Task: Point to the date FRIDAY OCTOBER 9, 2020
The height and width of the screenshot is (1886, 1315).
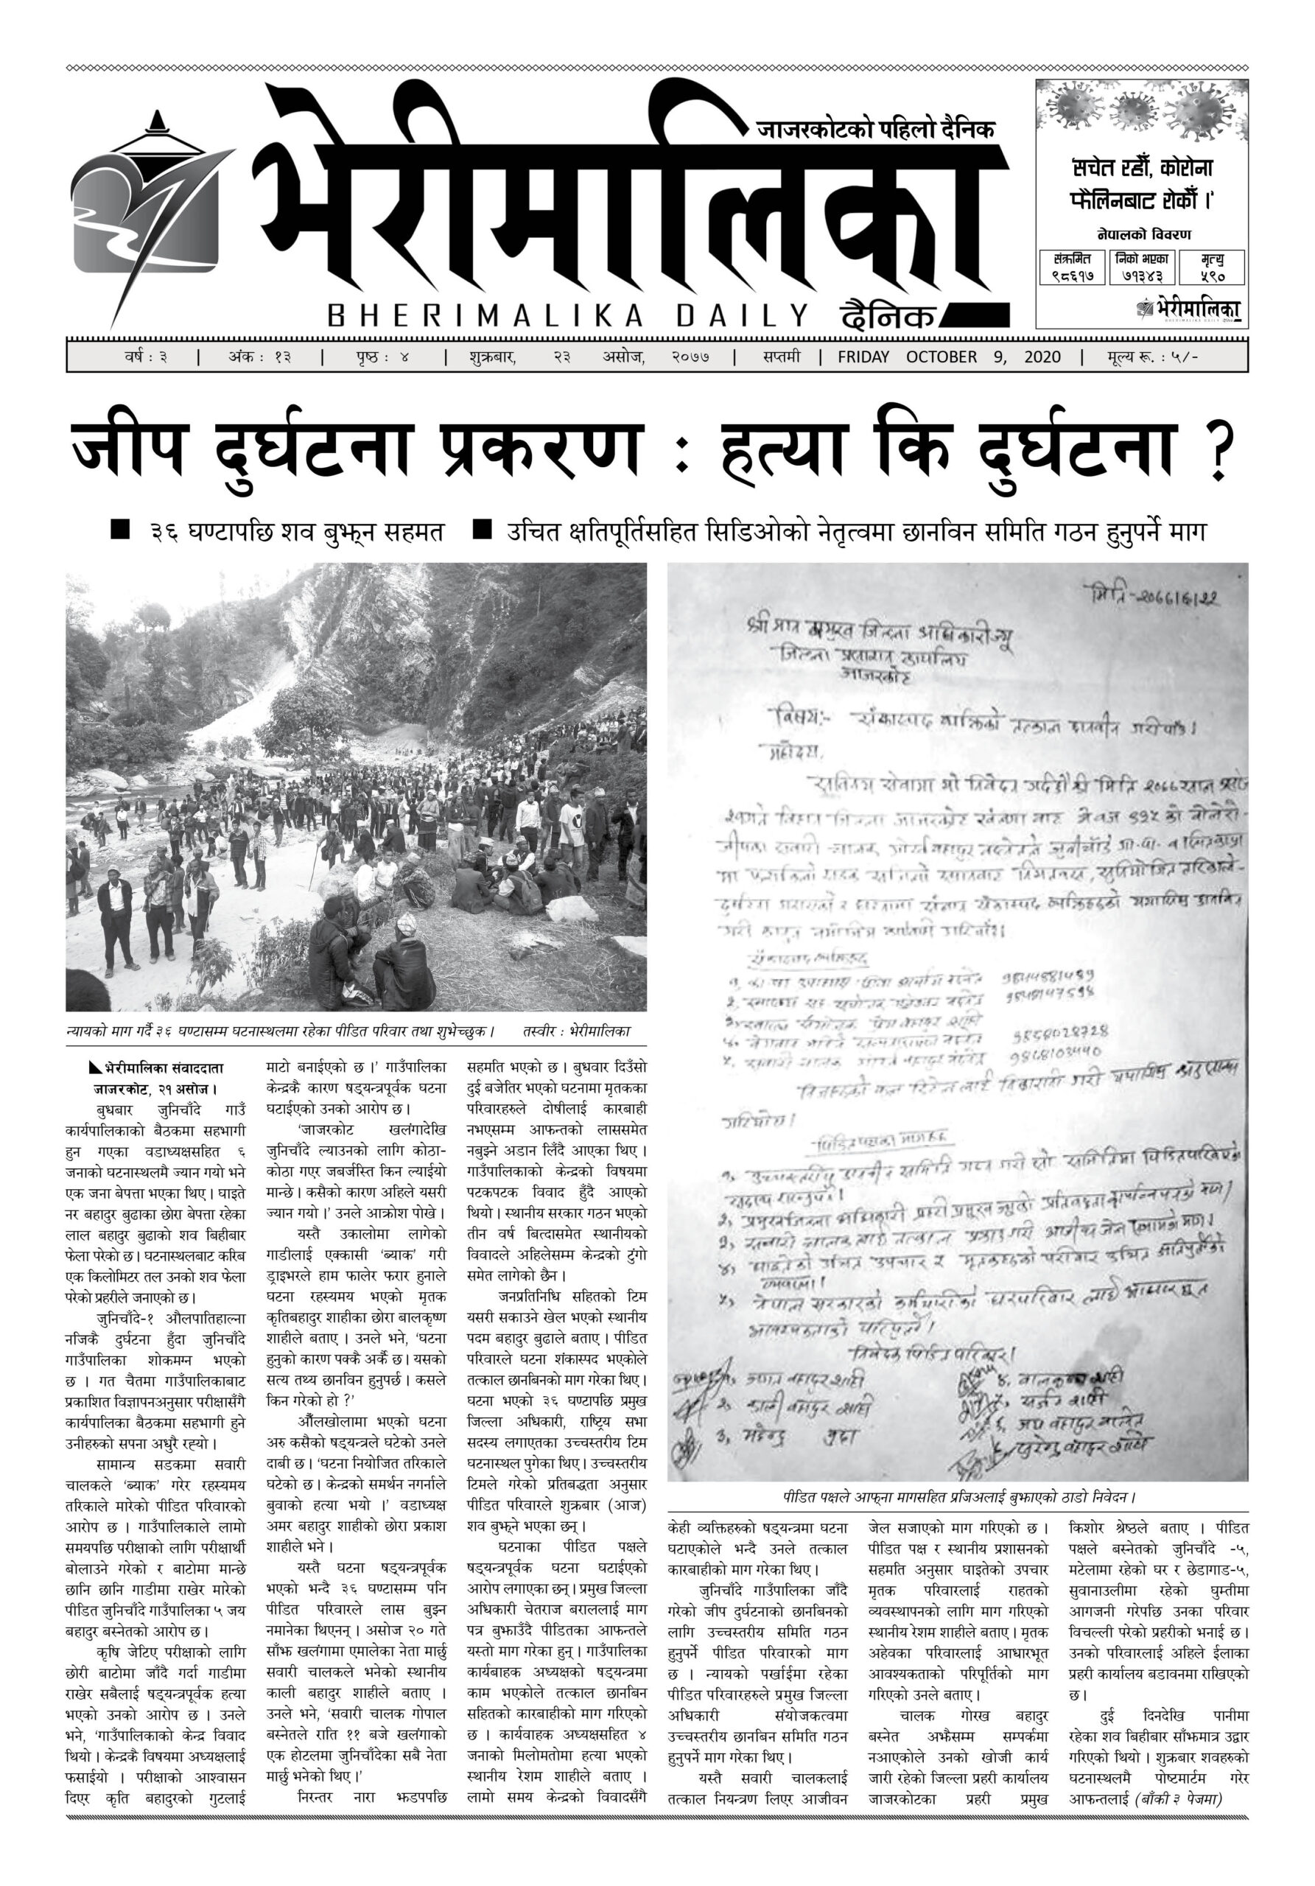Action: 949,357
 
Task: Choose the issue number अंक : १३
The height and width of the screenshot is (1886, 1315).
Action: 258,357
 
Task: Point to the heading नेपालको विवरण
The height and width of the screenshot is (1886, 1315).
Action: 1143,235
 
